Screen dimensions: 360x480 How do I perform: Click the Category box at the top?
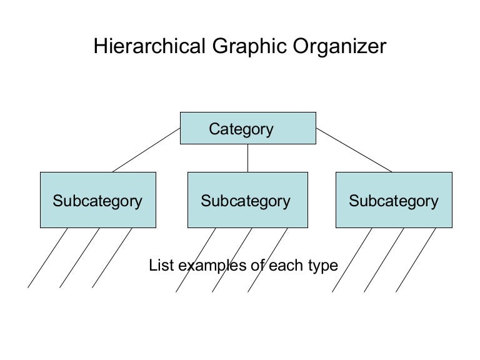tap(247, 129)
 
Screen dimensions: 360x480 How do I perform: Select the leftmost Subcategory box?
tap(97, 201)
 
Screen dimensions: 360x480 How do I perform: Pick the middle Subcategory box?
tap(247, 201)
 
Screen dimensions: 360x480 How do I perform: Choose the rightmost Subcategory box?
tap(395, 201)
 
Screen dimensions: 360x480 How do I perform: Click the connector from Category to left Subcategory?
tap(147, 150)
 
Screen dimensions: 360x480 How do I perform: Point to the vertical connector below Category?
tap(248, 158)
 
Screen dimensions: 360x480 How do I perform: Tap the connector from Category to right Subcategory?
tap(354, 150)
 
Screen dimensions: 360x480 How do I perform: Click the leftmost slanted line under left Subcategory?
tap(48, 257)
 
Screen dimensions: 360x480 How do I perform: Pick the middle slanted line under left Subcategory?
tap(80, 257)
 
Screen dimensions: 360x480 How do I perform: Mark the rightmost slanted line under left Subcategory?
tap(112, 257)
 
